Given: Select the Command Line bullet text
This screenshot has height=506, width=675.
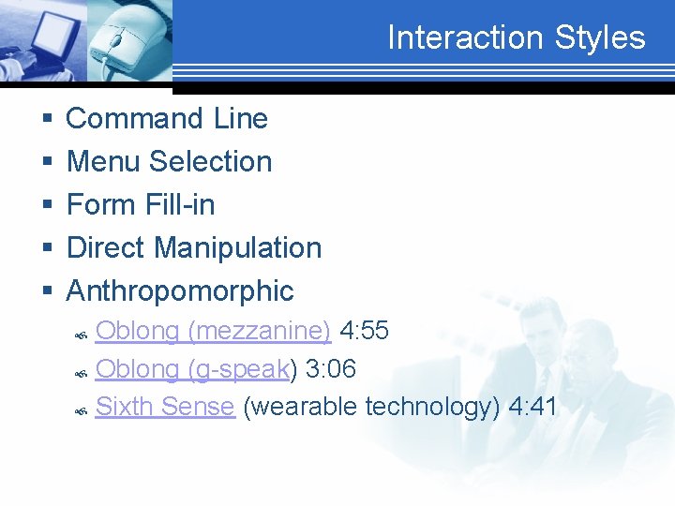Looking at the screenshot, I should point(167,119).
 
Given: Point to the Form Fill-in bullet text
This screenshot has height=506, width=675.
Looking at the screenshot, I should point(141,205).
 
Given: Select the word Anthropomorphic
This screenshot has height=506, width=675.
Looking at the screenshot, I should point(180,291).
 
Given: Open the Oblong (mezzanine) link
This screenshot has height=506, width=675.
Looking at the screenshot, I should point(213,331).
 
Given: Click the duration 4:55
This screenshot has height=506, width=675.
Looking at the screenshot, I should point(364,331).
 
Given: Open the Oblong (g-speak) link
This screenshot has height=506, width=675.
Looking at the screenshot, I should point(192,369).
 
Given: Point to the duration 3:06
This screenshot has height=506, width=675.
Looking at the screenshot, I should point(331,369).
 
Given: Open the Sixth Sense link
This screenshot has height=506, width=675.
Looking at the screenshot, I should point(164,407).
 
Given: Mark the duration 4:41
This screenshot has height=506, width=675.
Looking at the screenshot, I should point(532,407).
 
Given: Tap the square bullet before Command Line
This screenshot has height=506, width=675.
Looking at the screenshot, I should point(46,120).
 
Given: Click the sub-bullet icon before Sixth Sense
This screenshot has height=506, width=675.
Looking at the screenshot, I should point(82,409).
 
